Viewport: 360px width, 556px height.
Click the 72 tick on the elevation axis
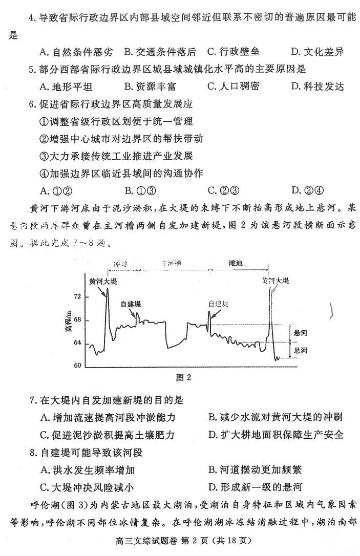click(77, 296)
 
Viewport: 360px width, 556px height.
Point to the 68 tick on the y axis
click(77, 320)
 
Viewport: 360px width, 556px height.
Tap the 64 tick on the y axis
click(77, 343)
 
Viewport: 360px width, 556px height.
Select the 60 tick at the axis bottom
click(77, 366)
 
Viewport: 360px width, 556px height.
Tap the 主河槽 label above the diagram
click(172, 264)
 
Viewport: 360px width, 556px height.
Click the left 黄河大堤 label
click(103, 282)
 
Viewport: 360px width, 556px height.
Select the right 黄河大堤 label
click(276, 281)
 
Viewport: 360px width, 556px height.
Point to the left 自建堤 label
click(131, 304)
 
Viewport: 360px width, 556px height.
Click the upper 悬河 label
click(301, 333)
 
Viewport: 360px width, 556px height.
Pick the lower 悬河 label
click(301, 351)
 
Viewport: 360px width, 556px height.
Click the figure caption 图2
click(183, 378)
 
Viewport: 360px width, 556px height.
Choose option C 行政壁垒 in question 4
click(234, 52)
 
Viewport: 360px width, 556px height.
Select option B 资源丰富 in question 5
click(150, 86)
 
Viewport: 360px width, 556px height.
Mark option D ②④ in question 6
click(307, 190)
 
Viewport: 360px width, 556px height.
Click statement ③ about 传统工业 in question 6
click(116, 156)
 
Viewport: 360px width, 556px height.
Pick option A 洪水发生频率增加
click(88, 470)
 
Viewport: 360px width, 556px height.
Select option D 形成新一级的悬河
click(256, 487)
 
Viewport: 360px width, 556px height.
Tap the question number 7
click(33, 400)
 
